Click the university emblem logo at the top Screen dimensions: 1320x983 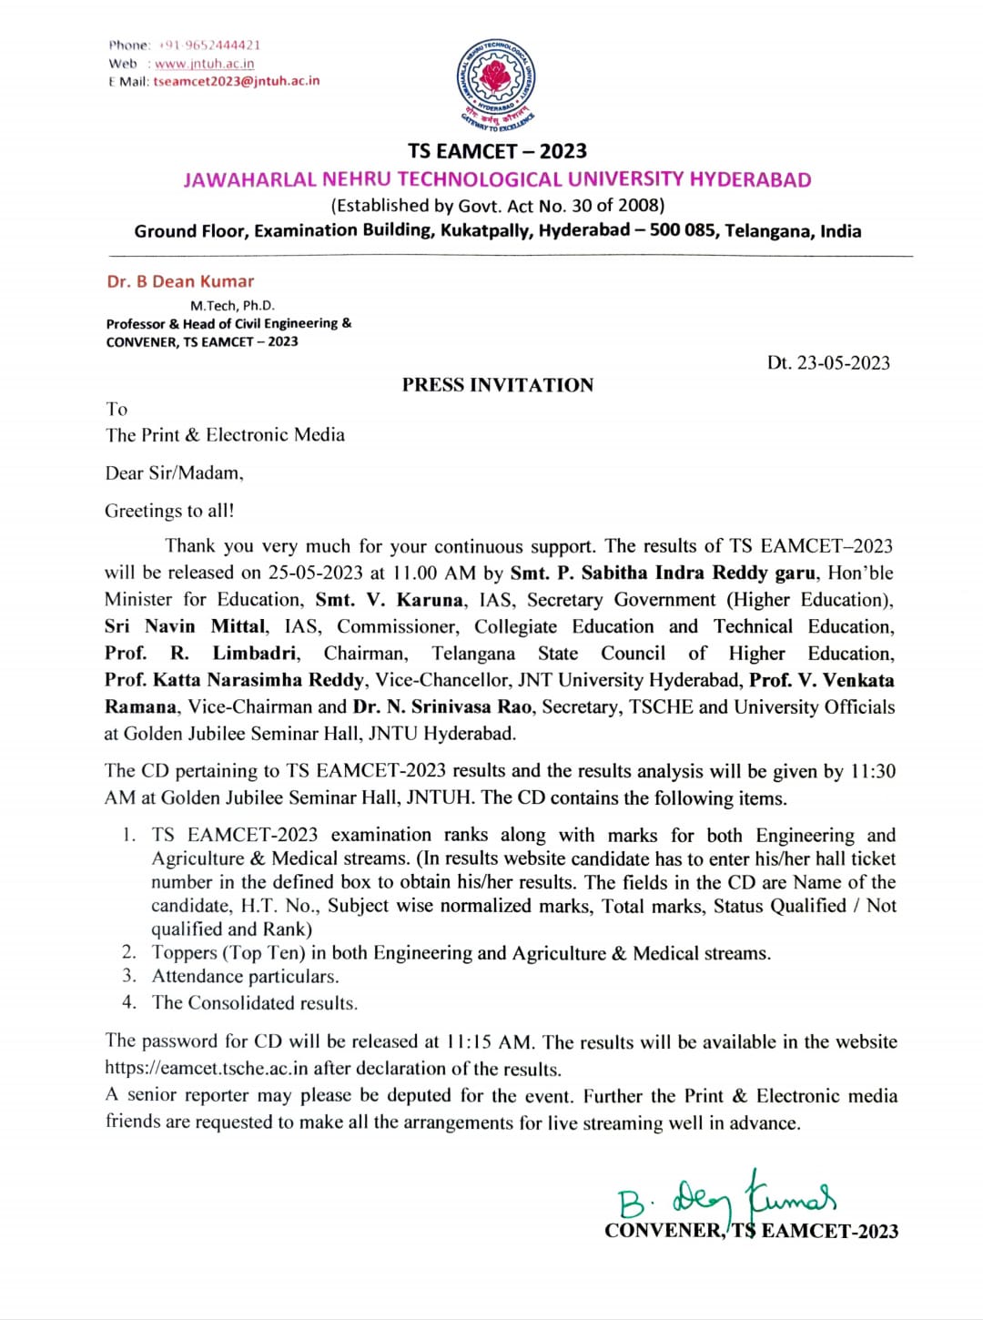click(x=496, y=85)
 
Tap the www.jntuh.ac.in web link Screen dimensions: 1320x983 click(x=204, y=64)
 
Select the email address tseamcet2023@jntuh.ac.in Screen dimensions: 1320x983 click(x=237, y=81)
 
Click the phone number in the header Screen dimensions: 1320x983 click(x=209, y=45)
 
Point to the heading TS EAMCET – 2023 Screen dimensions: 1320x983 click(x=497, y=151)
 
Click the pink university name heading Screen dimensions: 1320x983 click(x=497, y=179)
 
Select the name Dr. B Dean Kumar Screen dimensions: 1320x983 click(x=180, y=281)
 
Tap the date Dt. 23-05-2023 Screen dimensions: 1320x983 click(x=828, y=362)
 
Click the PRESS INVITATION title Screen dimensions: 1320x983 click(x=497, y=385)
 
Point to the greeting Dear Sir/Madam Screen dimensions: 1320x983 click(x=174, y=473)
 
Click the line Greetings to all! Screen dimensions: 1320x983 click(x=169, y=511)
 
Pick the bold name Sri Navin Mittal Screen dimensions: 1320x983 click(x=186, y=626)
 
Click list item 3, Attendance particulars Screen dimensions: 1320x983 click(x=245, y=977)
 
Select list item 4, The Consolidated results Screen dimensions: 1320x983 click(x=254, y=1003)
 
